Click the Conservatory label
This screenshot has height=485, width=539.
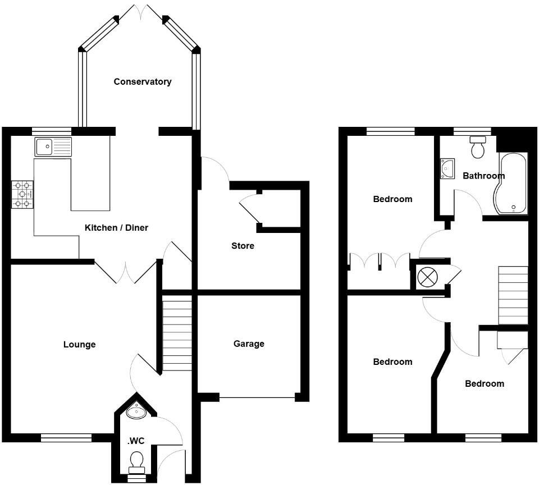[142, 82]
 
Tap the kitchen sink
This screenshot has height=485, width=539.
[52, 147]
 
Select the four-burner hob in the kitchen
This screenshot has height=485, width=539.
[22, 195]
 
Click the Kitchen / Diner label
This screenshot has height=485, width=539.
[116, 228]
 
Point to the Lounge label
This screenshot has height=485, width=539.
[79, 345]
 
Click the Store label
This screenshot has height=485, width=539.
[243, 246]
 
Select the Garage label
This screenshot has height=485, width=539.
[249, 344]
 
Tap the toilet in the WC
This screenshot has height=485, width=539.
[136, 461]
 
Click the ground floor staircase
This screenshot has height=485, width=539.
[177, 335]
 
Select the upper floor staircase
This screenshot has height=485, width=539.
[513, 295]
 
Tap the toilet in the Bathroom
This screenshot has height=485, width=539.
[478, 148]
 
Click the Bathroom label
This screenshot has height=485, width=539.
[483, 176]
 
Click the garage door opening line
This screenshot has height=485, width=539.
[257, 399]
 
